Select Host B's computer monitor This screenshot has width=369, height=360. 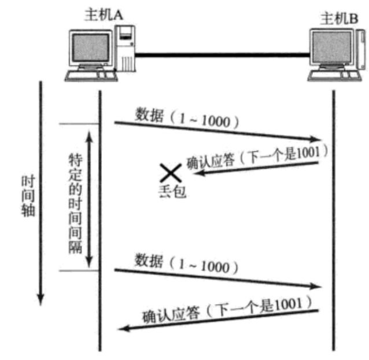pyautogui.click(x=331, y=50)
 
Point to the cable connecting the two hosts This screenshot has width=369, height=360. pyautogui.click(x=223, y=55)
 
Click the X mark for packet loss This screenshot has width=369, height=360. pyautogui.click(x=171, y=172)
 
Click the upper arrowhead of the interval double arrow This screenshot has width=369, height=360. pyautogui.click(x=89, y=134)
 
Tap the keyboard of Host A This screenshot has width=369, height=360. pyautogui.click(x=86, y=75)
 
